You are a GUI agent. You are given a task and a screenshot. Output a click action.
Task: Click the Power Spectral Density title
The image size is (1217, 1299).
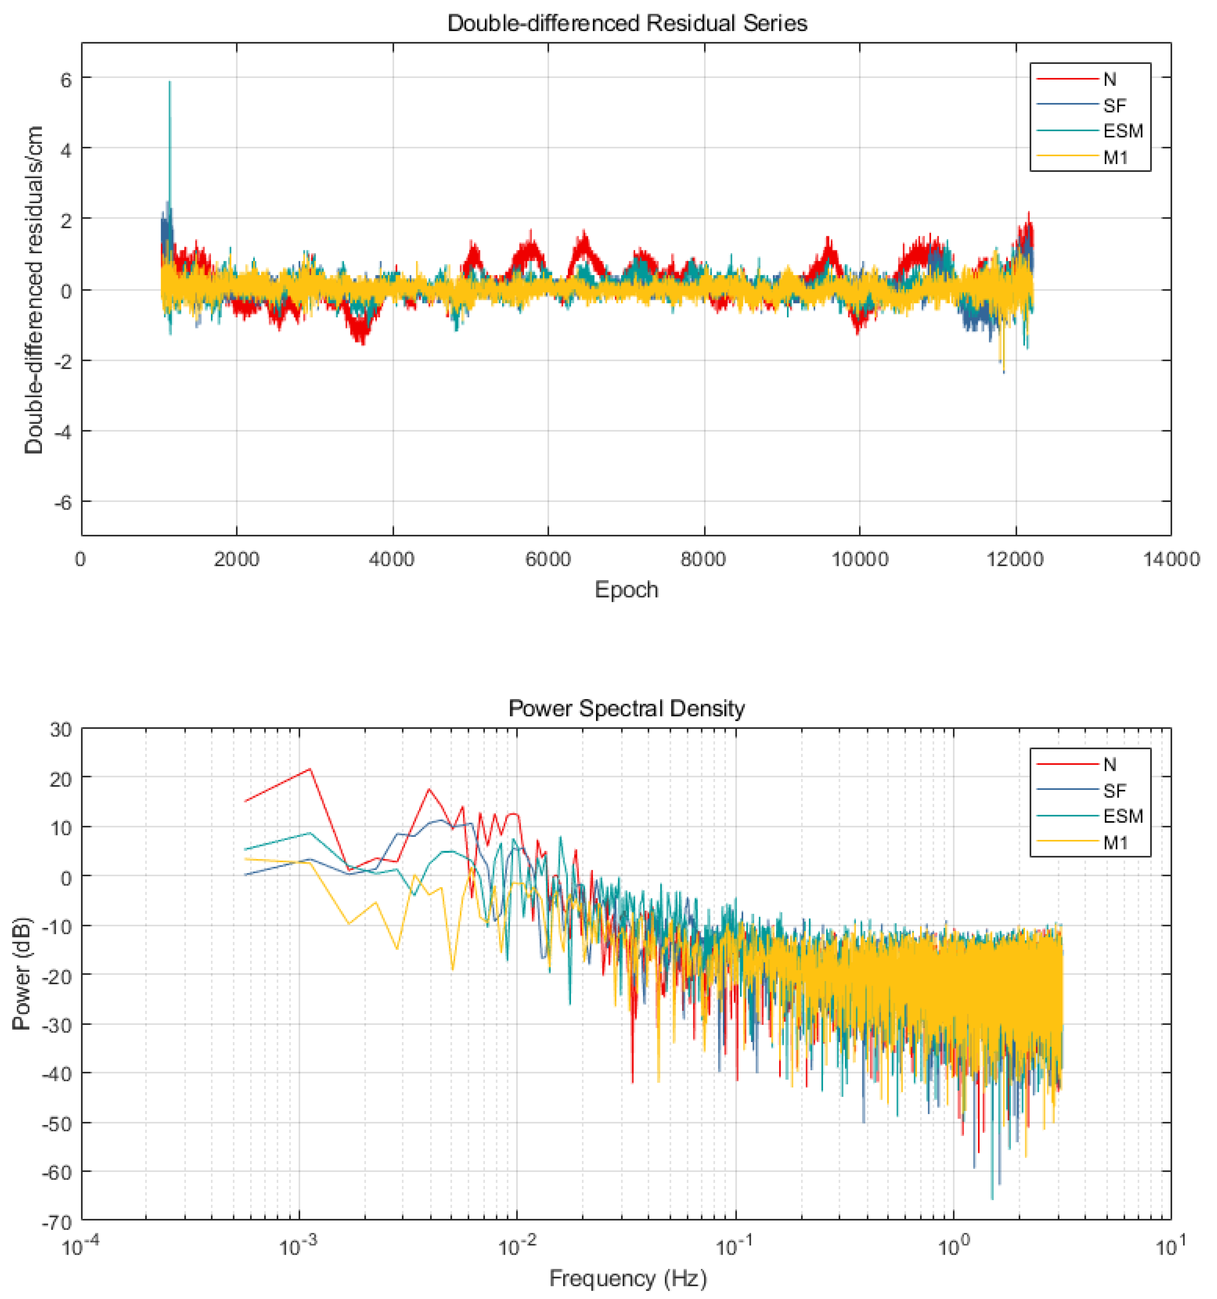click(626, 708)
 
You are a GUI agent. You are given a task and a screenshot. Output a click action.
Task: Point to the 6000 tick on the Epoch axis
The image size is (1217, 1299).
click(548, 559)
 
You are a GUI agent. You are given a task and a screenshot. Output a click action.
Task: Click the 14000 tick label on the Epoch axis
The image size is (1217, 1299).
click(1170, 559)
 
